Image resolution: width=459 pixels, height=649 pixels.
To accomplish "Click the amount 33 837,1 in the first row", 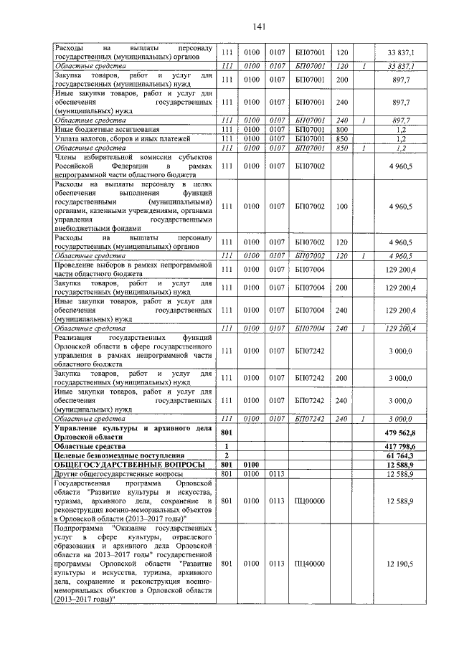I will pyautogui.click(x=406, y=53).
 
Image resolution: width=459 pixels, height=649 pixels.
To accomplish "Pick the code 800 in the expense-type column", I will pyautogui.click(x=341, y=129).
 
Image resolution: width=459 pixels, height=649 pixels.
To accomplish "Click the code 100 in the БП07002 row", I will pyautogui.click(x=341, y=206).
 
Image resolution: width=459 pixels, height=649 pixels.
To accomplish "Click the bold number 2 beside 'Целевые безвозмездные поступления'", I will pyautogui.click(x=227, y=455).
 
